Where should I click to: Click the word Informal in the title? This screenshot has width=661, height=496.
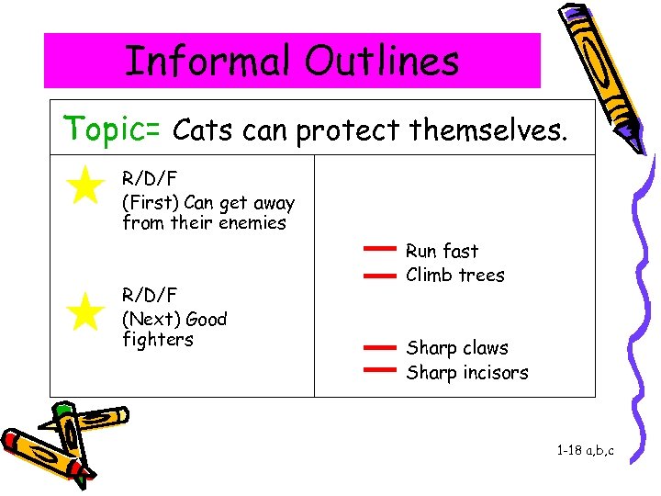click(208, 62)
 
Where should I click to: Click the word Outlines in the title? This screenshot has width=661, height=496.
click(382, 62)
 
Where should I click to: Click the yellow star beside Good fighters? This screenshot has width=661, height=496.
click(85, 311)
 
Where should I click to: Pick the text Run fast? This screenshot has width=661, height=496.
click(442, 251)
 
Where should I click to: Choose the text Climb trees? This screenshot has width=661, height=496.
click(454, 275)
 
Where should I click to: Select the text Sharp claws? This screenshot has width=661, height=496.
click(456, 348)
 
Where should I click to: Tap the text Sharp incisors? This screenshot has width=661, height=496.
click(467, 372)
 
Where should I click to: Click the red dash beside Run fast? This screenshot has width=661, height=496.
click(378, 249)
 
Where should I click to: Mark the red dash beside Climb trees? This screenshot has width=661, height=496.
click(378, 274)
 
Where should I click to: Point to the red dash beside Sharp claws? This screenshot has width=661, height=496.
click(378, 348)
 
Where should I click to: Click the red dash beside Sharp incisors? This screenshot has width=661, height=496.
click(378, 370)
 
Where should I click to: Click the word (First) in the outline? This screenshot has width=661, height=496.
click(150, 203)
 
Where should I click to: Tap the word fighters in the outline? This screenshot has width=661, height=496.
click(157, 340)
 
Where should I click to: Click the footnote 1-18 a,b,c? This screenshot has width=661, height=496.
click(585, 451)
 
